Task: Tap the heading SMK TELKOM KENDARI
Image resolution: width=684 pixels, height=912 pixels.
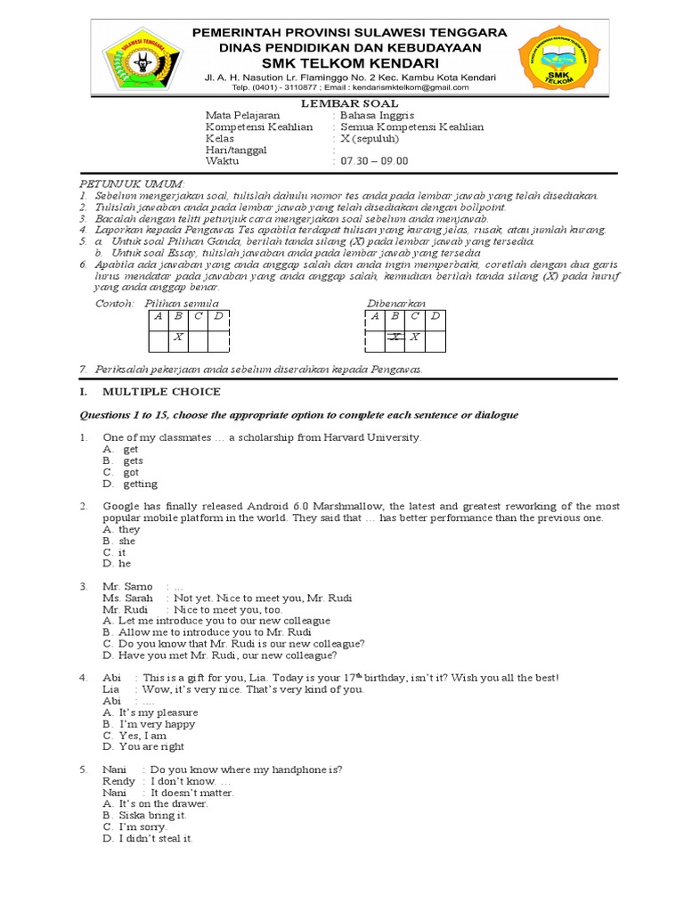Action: (350, 63)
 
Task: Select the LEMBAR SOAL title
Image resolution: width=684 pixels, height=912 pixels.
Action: (350, 103)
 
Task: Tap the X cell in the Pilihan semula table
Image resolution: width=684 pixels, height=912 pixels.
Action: (178, 338)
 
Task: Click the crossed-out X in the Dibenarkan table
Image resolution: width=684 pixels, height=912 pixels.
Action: (395, 338)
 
